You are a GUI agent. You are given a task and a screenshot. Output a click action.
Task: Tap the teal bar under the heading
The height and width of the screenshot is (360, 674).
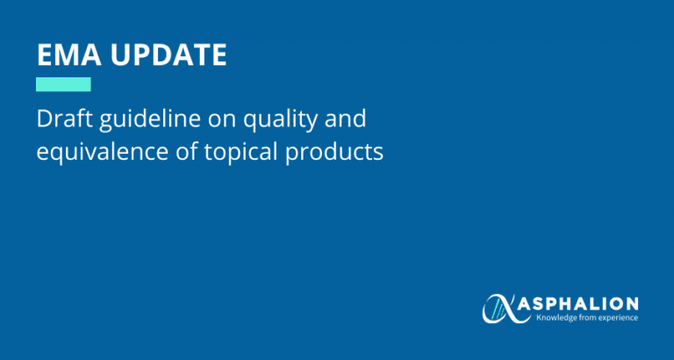click(x=63, y=84)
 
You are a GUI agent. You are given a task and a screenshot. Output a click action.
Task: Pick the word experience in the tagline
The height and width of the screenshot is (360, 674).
click(x=622, y=317)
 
